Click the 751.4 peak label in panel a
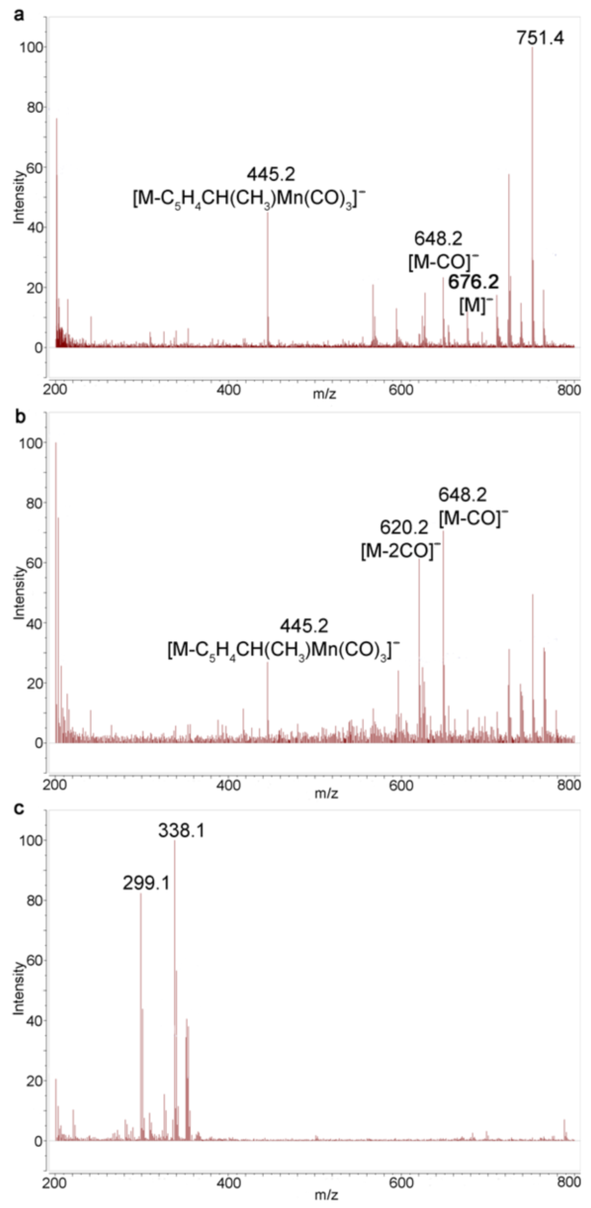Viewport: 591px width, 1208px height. click(540, 37)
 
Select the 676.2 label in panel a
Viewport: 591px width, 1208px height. click(473, 282)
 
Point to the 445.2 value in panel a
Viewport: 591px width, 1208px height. click(271, 174)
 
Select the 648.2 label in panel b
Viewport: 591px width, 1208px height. click(463, 494)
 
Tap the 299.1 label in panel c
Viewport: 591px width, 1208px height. click(146, 883)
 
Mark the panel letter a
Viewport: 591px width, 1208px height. click(20, 15)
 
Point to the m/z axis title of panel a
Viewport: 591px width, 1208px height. click(324, 394)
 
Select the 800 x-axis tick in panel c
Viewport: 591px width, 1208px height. click(569, 1182)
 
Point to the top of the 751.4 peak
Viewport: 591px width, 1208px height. click(532, 48)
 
